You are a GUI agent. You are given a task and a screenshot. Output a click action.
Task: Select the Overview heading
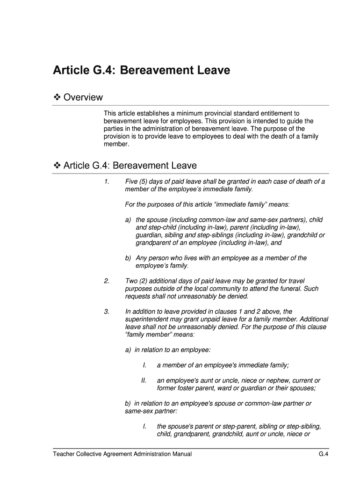83,97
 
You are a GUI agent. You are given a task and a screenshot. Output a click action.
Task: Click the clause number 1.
107,181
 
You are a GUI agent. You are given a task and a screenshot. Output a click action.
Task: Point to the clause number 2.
107,281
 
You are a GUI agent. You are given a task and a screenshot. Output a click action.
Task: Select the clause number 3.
107,312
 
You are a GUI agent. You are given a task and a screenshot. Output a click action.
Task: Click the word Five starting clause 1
132,181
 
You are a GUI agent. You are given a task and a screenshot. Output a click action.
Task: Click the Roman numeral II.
144,380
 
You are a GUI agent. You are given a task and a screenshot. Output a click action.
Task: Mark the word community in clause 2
222,289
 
